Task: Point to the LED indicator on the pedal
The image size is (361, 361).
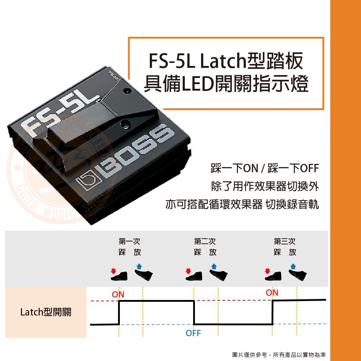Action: click(126, 91)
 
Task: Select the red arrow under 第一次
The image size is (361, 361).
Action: click(113, 271)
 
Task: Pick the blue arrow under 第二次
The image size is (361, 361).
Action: click(214, 266)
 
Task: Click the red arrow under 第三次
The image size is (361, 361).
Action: click(267, 271)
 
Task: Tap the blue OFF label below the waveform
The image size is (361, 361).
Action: click(193, 333)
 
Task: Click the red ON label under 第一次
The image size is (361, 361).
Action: click(118, 295)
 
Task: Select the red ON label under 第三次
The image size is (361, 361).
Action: click(272, 293)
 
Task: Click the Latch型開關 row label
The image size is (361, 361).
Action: click(46, 312)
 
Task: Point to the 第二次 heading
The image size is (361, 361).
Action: click(205, 241)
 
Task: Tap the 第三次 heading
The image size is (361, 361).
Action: click(284, 241)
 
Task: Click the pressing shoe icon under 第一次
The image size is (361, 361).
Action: click(119, 276)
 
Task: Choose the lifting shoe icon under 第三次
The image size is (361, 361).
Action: click(298, 275)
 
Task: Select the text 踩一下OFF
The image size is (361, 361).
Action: click(293, 168)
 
